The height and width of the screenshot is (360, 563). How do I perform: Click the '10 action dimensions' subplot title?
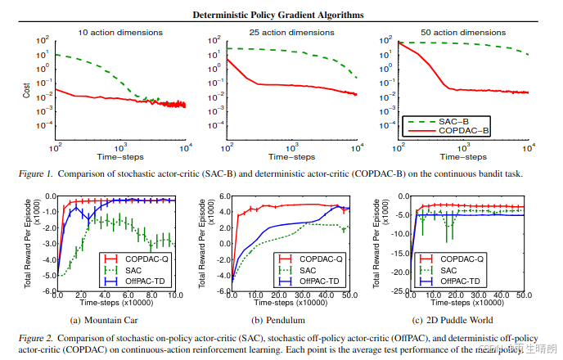pyautogui.click(x=119, y=33)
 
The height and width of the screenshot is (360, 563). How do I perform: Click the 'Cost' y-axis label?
pyautogui.click(x=26, y=90)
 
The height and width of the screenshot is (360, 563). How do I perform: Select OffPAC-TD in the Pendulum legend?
pyautogui.click(x=319, y=281)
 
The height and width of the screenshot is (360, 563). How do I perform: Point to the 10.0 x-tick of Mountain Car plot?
pyautogui.click(x=176, y=296)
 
